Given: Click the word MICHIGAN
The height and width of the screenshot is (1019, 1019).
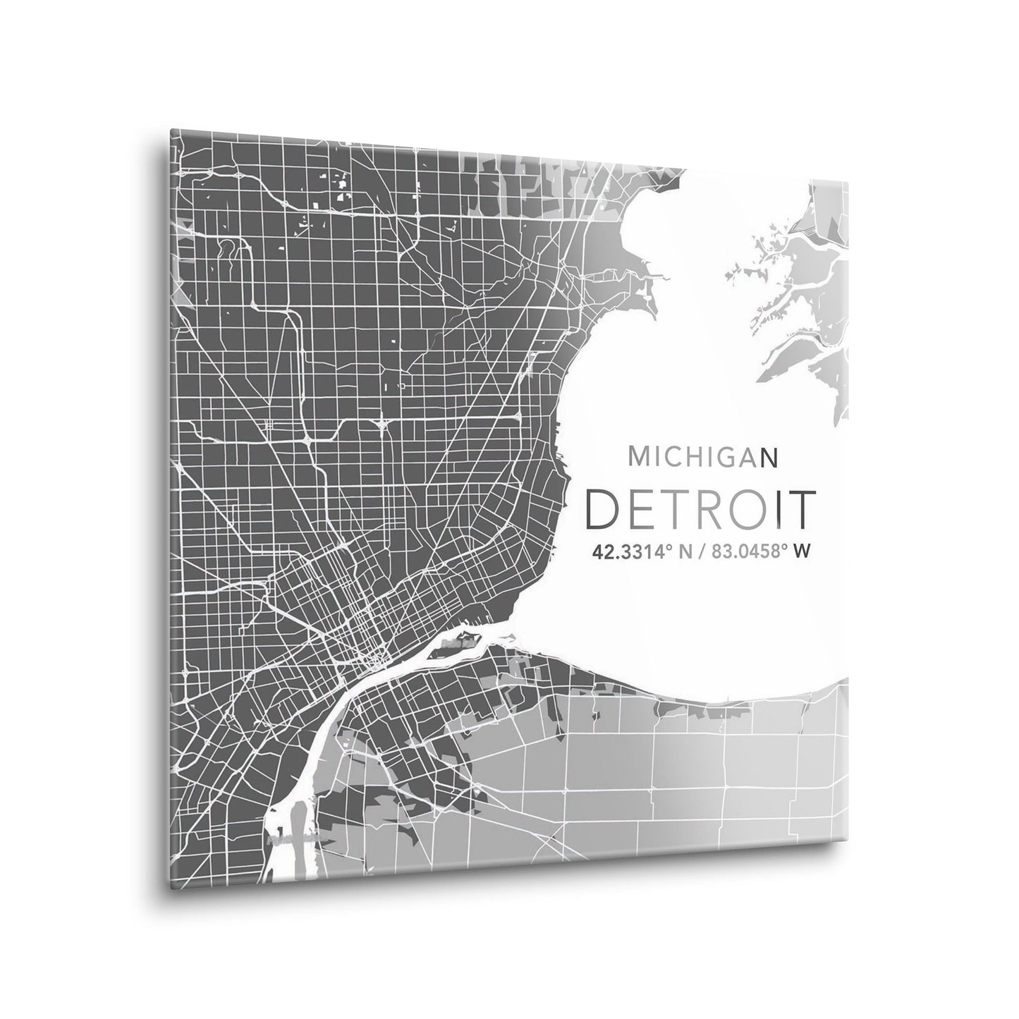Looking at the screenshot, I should pos(702,457).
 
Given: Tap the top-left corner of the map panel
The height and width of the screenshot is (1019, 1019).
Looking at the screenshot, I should pos(171,130).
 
